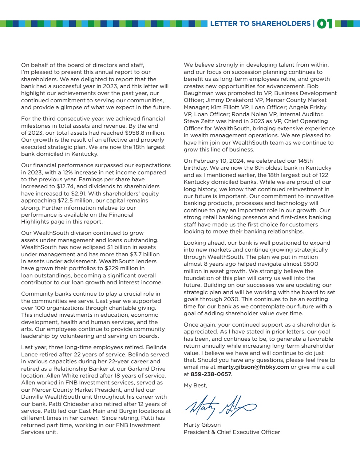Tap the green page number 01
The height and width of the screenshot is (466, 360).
click(325, 24)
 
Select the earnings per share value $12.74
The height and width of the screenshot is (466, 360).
click(66, 186)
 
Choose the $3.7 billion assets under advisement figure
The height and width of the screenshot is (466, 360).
click(143, 254)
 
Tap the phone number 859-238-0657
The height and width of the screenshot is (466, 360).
click(211, 374)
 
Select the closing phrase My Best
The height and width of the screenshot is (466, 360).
click(195, 386)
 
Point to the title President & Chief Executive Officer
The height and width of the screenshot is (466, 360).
click(232, 432)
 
